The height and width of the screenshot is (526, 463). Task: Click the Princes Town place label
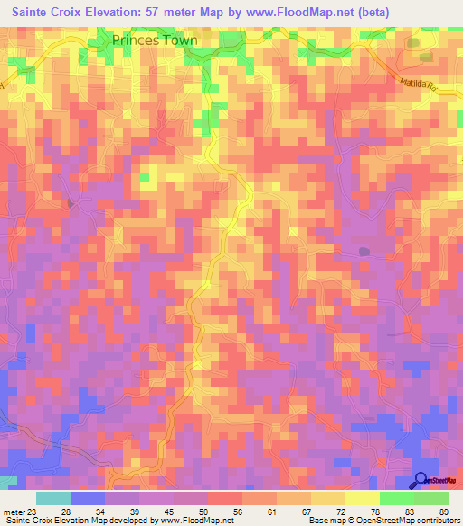tap(156, 40)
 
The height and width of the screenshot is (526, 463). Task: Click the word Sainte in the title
tap(36, 14)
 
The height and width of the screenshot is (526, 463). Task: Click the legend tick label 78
tap(374, 512)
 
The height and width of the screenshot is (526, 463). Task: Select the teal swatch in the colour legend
tap(53, 498)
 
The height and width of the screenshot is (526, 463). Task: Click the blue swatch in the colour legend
tap(88, 498)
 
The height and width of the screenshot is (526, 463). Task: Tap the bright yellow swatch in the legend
tap(362, 498)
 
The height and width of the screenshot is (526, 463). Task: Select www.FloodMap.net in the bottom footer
tap(198, 521)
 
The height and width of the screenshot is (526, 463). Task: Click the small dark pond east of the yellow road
tap(364, 250)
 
